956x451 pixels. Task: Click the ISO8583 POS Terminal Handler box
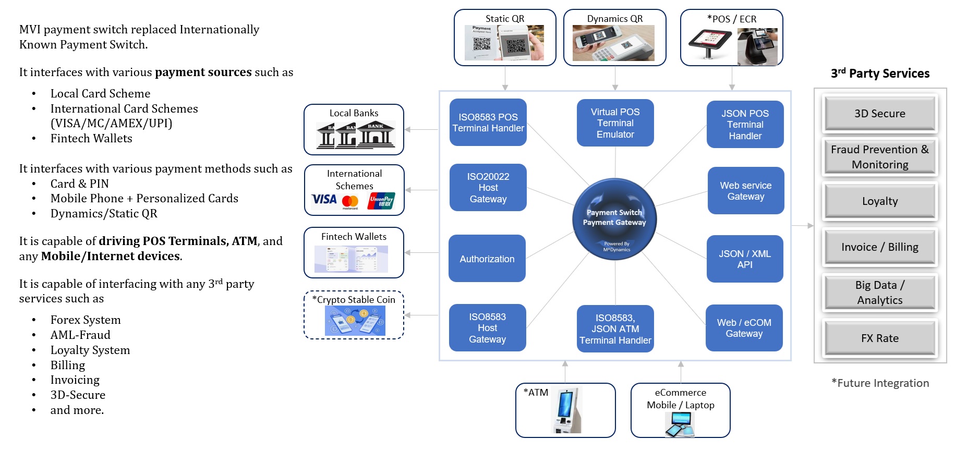point(488,123)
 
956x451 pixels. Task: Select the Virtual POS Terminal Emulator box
point(615,123)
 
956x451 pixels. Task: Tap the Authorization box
point(487,259)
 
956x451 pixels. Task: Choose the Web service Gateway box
point(745,191)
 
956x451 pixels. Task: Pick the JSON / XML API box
point(744,259)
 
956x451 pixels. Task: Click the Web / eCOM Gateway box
point(744,328)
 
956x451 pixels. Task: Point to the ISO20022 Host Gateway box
point(488,188)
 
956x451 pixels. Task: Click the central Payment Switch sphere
point(614,219)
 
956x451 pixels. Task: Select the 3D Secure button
point(879,114)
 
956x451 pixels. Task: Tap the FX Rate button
point(879,338)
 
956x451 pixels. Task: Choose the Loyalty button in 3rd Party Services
point(879,201)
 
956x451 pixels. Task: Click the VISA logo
point(324,200)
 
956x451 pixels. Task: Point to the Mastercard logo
point(350,201)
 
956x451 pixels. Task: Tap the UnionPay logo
point(381,201)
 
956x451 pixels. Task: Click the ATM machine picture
point(566,410)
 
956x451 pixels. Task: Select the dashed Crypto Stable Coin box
point(354,315)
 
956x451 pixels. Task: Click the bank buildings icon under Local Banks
point(356,135)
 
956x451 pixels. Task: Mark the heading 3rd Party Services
point(880,74)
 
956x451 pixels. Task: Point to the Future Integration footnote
point(880,383)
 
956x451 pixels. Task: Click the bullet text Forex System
point(86,320)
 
